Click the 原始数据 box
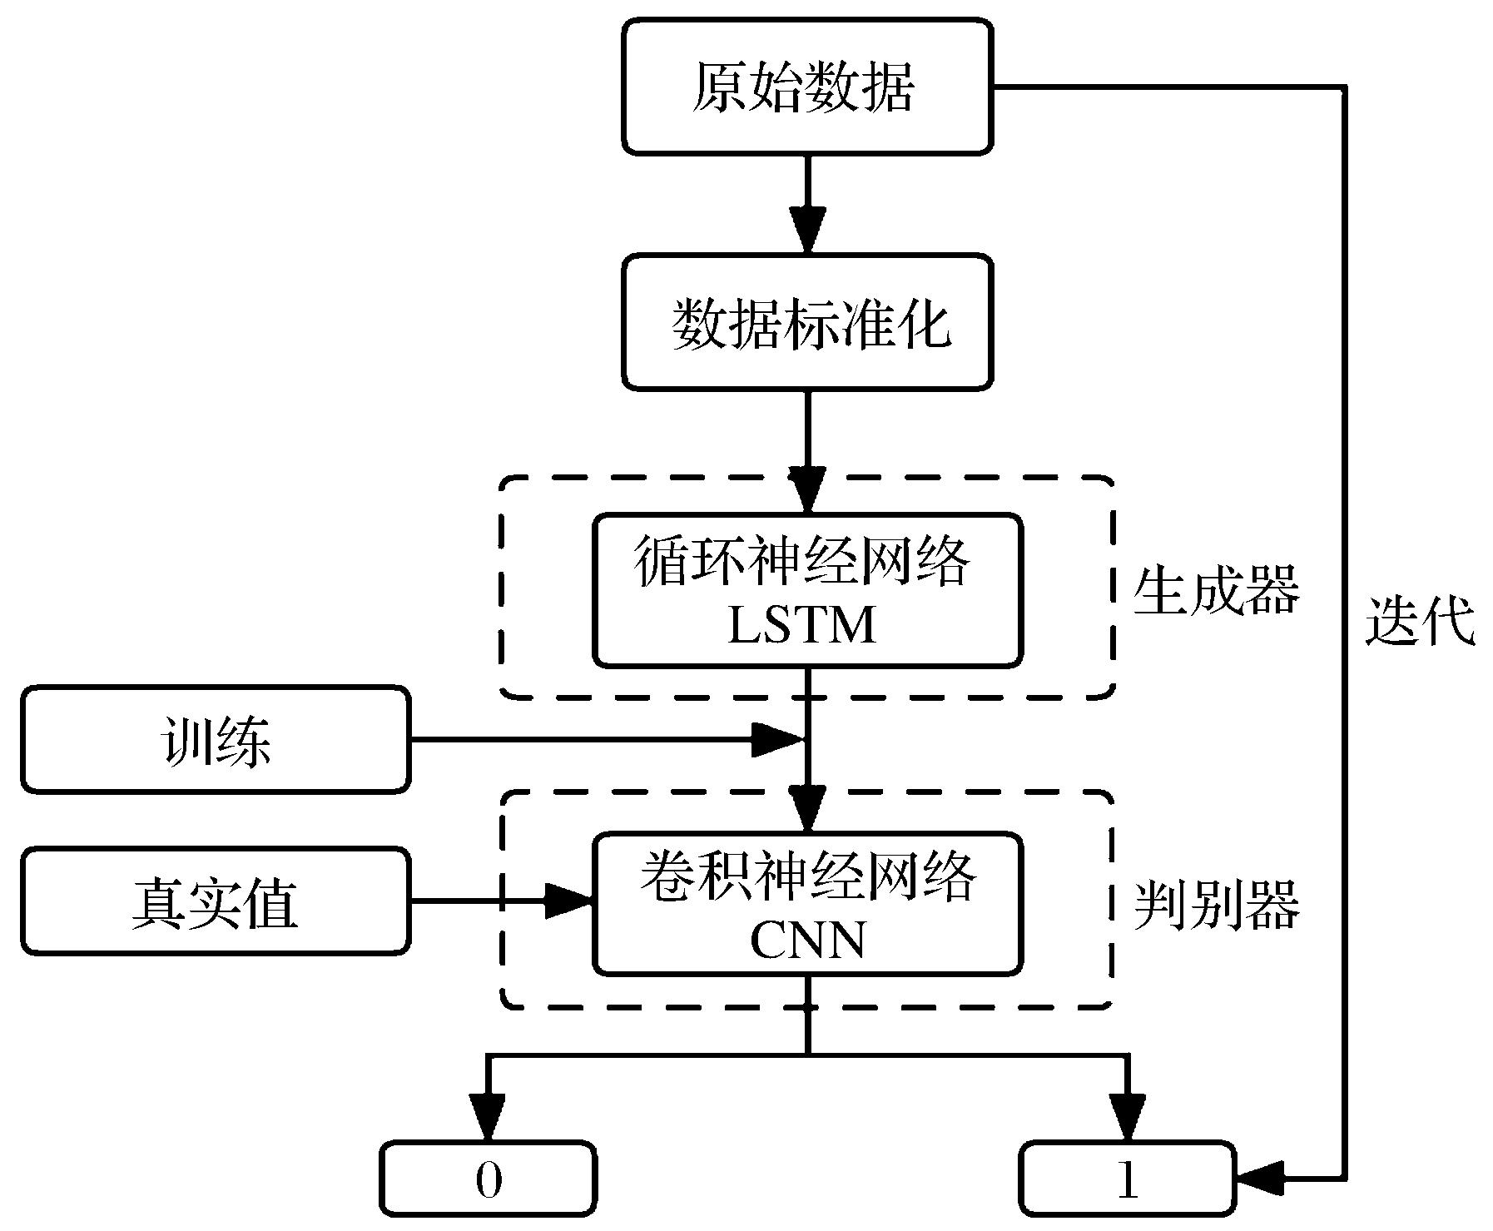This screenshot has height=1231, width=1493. pos(807,87)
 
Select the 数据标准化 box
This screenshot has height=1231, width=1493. pos(807,322)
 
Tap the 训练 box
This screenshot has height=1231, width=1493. pos(216,740)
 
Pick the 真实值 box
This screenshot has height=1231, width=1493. pos(216,901)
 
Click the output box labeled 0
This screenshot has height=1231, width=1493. pos(489,1179)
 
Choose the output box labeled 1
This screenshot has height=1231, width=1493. pos(1128,1179)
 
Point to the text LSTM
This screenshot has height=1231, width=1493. pos(803,625)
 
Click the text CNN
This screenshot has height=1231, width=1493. pos(807,941)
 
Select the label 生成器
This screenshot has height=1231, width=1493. pos(1216,590)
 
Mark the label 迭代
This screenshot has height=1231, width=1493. pos(1420,621)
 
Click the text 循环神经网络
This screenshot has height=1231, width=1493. pos(803,561)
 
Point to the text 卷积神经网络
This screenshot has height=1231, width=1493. pos(807,877)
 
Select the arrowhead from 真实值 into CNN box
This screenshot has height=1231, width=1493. pos(569,901)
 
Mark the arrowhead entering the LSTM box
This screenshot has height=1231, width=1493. pos(807,489)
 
